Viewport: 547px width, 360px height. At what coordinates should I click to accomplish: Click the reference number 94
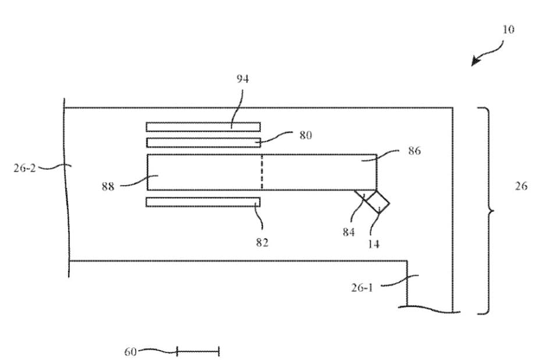[243, 79]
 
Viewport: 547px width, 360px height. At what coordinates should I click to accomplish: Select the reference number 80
[306, 136]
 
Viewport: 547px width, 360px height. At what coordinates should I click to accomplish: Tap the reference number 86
[415, 151]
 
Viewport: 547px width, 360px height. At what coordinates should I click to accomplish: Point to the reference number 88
[108, 187]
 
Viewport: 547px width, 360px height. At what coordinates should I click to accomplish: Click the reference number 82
[262, 243]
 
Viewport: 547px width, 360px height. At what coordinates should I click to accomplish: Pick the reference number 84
[349, 233]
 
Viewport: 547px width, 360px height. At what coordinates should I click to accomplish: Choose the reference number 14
[374, 244]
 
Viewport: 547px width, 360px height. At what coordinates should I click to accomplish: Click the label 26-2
[25, 168]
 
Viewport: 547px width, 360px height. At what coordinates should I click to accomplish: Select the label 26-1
[362, 287]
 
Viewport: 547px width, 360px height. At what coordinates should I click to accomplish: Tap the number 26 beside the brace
[521, 187]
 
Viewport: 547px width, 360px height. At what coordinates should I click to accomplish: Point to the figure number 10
[508, 30]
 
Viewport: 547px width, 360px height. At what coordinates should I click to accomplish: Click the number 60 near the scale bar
[130, 351]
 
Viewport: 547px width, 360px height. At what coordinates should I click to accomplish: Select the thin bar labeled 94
[203, 127]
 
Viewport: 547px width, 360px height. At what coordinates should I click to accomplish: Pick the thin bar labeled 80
[203, 142]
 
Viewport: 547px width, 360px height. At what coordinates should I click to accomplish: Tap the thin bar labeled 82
[203, 202]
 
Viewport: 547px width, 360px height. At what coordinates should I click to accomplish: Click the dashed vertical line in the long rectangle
[262, 172]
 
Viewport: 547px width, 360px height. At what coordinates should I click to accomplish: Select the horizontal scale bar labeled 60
[198, 351]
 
